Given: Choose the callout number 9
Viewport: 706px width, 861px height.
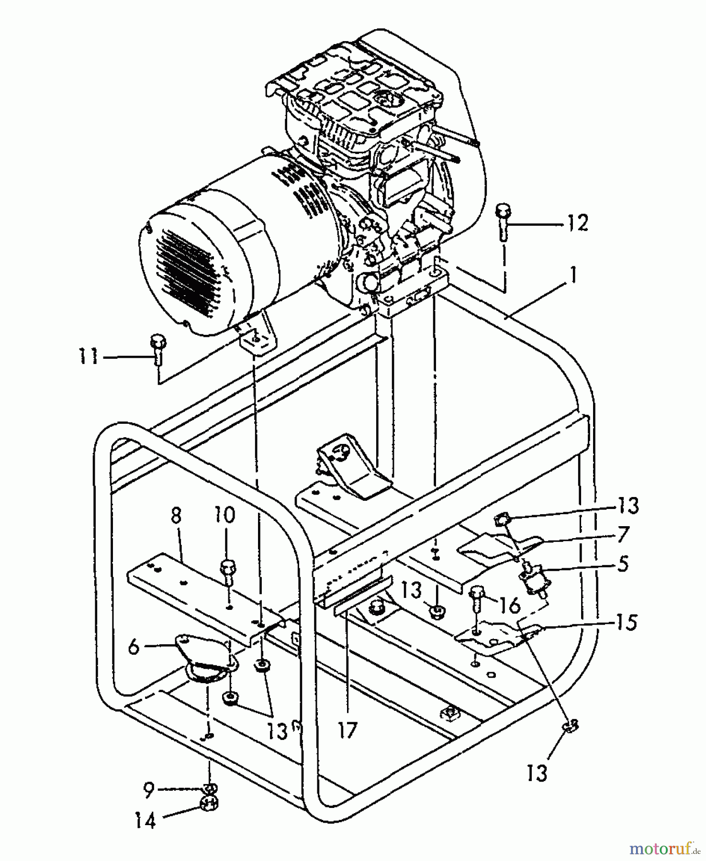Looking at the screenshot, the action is (149, 791).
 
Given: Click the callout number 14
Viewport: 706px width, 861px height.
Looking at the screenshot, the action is (146, 821).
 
